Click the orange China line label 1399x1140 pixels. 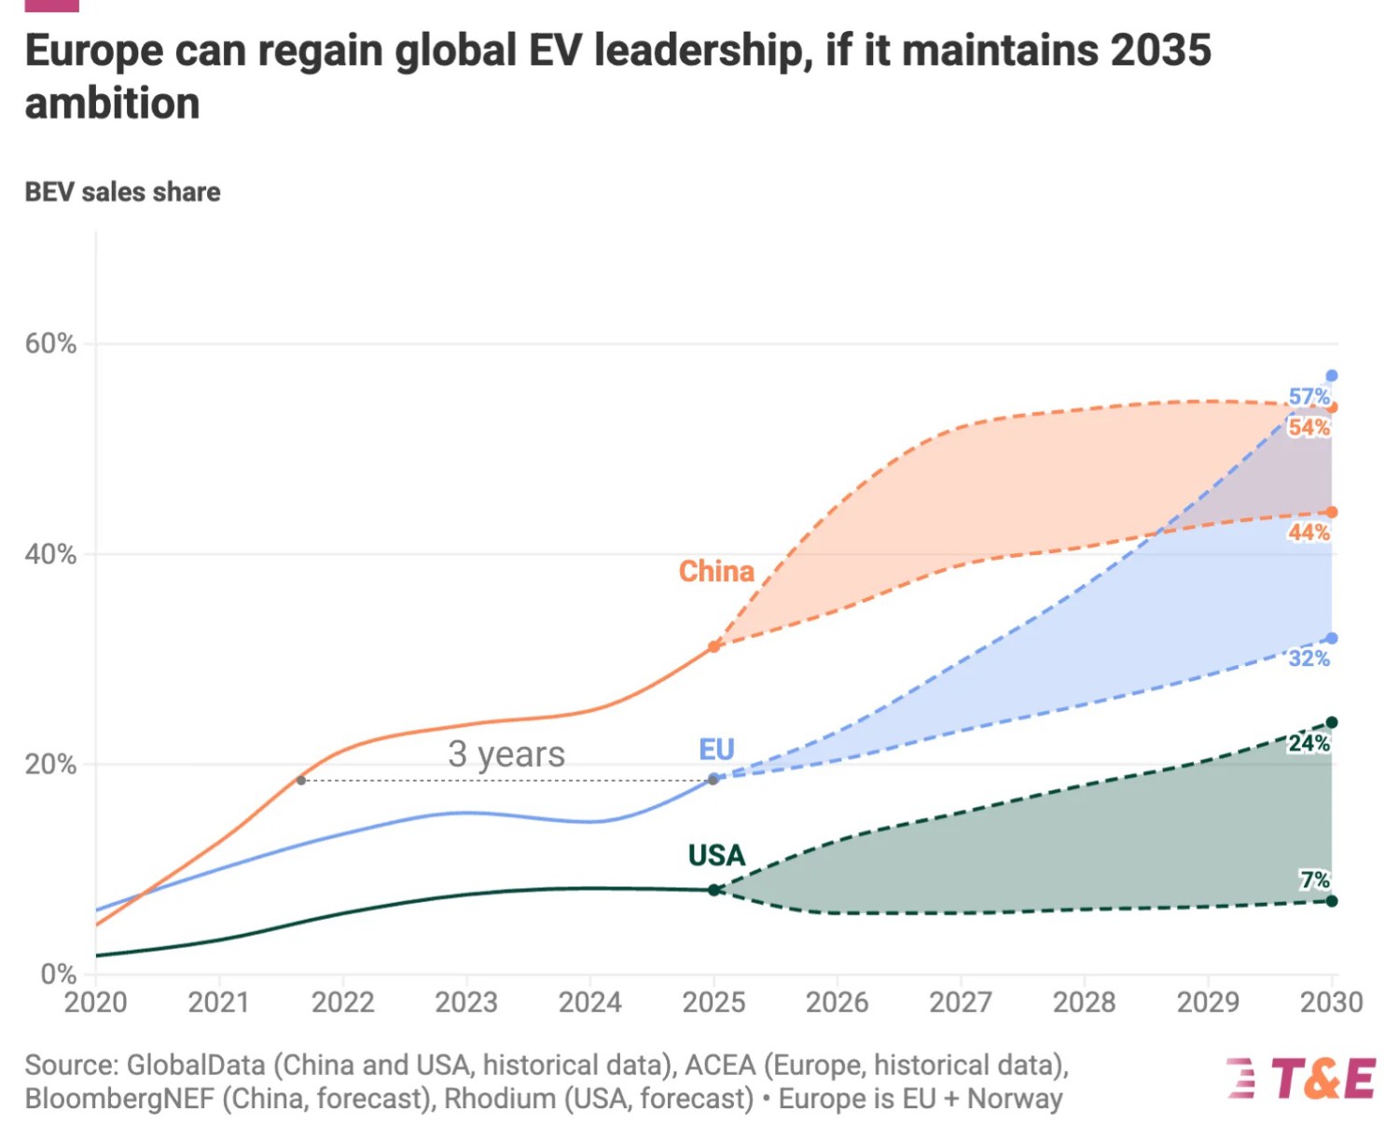(715, 571)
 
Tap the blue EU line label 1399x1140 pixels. (716, 749)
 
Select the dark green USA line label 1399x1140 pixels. (716, 855)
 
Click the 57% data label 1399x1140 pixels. (1309, 396)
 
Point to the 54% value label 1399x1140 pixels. (1309, 427)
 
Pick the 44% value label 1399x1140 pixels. (1309, 533)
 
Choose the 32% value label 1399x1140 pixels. (1309, 659)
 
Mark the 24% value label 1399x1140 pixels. (1309, 744)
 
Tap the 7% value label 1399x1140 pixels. (1314, 880)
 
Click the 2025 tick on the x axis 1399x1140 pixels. (713, 1002)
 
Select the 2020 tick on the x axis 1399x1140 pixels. (95, 1002)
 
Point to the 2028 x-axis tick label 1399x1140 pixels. (1084, 1002)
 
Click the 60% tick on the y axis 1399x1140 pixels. (50, 343)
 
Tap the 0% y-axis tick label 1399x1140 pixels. (58, 974)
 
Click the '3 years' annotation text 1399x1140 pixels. (506, 754)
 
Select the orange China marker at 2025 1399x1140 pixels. (713, 646)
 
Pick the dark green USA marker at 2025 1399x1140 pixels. (713, 890)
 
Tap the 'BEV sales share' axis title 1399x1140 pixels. (122, 192)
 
